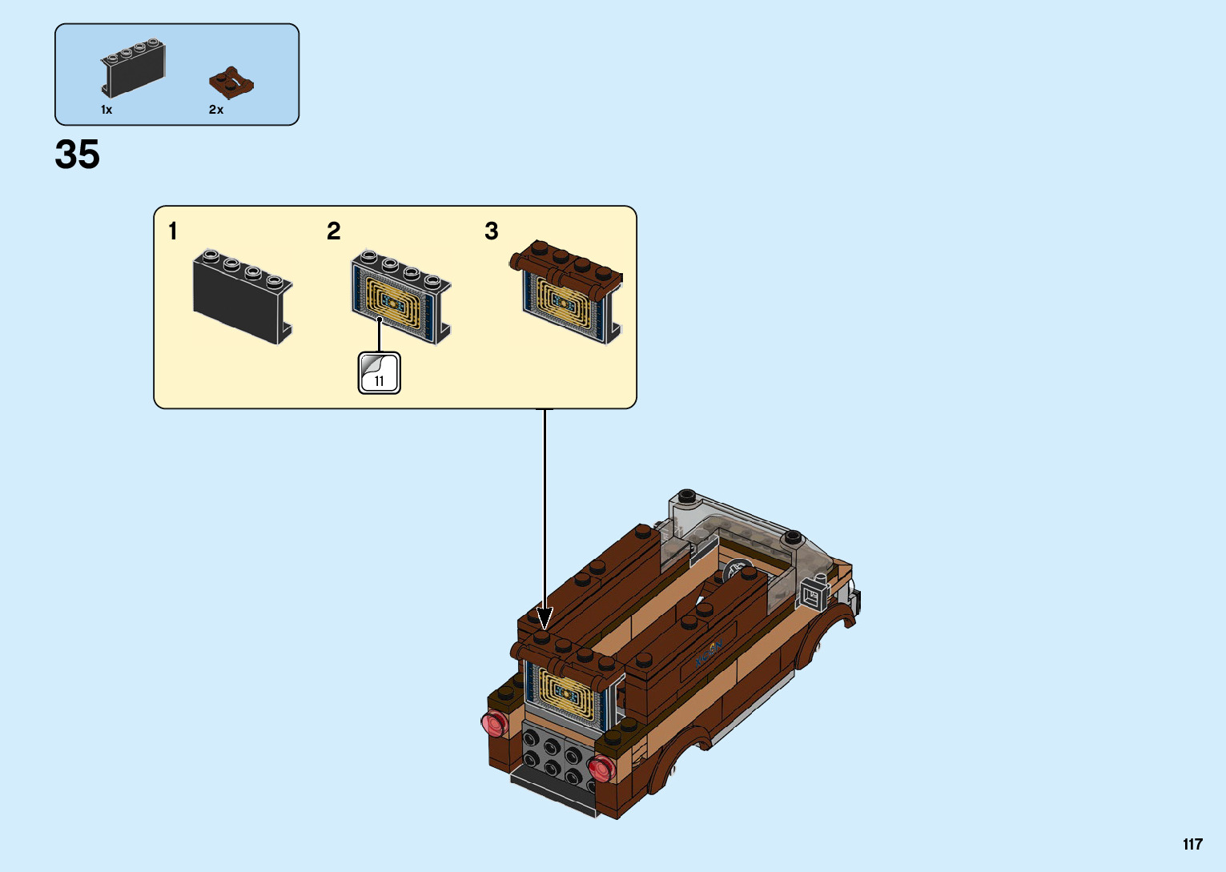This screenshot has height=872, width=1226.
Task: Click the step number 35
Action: (x=78, y=155)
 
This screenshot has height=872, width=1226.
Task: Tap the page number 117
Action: (x=1192, y=844)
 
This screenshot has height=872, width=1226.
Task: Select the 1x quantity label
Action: (x=107, y=110)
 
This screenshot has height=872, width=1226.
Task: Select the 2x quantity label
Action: (x=216, y=110)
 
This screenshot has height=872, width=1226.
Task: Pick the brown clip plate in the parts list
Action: (x=231, y=82)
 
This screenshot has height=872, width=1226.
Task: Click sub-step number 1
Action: (x=172, y=231)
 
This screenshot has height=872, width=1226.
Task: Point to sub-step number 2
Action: (x=334, y=231)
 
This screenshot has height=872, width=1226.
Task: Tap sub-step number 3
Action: (x=492, y=231)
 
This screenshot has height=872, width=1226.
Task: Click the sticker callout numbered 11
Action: (x=379, y=373)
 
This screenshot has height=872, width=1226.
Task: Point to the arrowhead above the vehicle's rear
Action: (x=545, y=618)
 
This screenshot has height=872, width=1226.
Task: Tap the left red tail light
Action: (x=494, y=723)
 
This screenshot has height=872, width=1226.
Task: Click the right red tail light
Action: (x=600, y=770)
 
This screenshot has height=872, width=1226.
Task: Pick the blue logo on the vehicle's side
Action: (x=709, y=653)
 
